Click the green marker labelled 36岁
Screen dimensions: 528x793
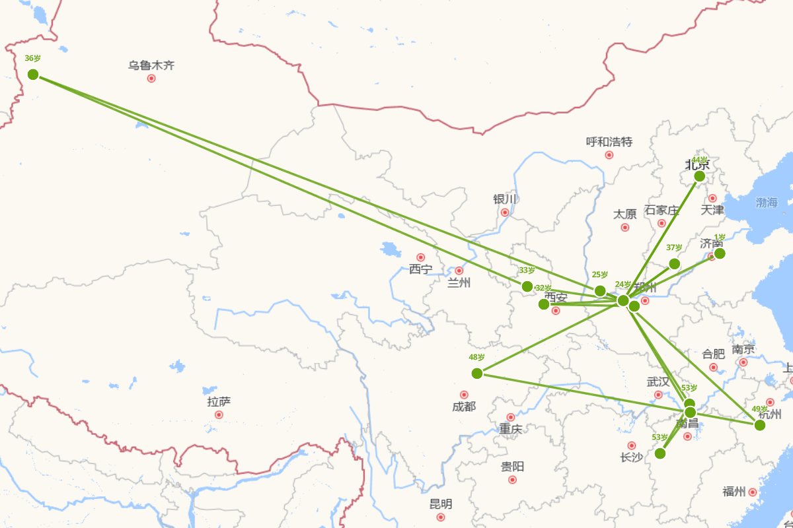33,74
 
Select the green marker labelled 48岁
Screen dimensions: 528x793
477,373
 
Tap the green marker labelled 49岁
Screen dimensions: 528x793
760,425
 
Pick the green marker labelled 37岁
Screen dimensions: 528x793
674,264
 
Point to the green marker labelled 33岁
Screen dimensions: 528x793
527,286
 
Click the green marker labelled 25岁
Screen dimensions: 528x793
600,291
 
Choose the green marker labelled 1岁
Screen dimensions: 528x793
720,253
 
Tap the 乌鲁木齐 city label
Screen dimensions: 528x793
151,66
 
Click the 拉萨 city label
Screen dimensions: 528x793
219,401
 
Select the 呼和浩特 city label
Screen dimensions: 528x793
609,142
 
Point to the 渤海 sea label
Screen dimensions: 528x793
767,203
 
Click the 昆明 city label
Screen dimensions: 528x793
441,504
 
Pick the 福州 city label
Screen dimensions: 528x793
734,492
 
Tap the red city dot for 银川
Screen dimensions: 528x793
505,213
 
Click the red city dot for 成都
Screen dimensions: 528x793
464,395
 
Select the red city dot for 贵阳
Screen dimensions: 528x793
512,480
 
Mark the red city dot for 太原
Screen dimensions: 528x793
625,228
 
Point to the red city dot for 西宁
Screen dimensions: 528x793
420,257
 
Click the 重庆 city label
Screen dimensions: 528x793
511,429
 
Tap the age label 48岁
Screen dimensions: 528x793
476,357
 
